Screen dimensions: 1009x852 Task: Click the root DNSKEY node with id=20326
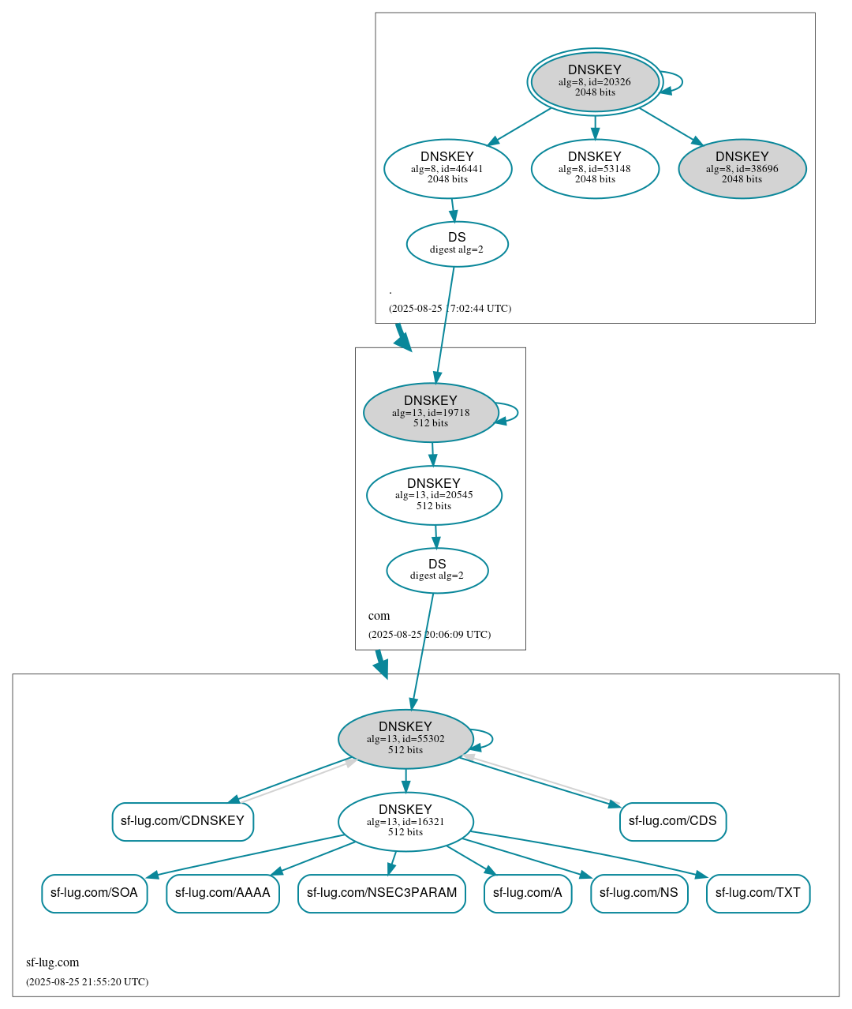595,81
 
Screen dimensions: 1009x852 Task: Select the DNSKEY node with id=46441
447,168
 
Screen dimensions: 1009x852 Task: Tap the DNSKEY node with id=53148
595,168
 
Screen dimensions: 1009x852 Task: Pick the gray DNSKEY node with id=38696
742,168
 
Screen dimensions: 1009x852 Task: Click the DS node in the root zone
457,244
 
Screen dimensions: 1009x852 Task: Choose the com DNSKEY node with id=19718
431,412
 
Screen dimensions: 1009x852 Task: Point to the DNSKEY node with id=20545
434,495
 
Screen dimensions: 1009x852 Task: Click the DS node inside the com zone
437,570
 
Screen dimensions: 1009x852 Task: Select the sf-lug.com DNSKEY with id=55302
405,739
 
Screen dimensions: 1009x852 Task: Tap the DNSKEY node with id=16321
405,822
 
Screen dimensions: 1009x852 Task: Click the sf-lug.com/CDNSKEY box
182,821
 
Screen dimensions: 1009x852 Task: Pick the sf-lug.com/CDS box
672,821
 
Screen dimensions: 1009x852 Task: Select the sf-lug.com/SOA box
94,893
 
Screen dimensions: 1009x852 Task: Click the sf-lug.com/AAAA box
222,893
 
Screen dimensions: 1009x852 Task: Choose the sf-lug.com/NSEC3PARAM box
382,893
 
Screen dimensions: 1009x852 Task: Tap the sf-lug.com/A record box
527,893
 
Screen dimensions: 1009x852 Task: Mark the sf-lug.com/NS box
639,893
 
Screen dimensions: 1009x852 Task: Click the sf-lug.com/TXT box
757,893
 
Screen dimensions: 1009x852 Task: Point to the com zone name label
379,616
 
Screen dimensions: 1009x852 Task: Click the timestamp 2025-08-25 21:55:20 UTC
87,982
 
